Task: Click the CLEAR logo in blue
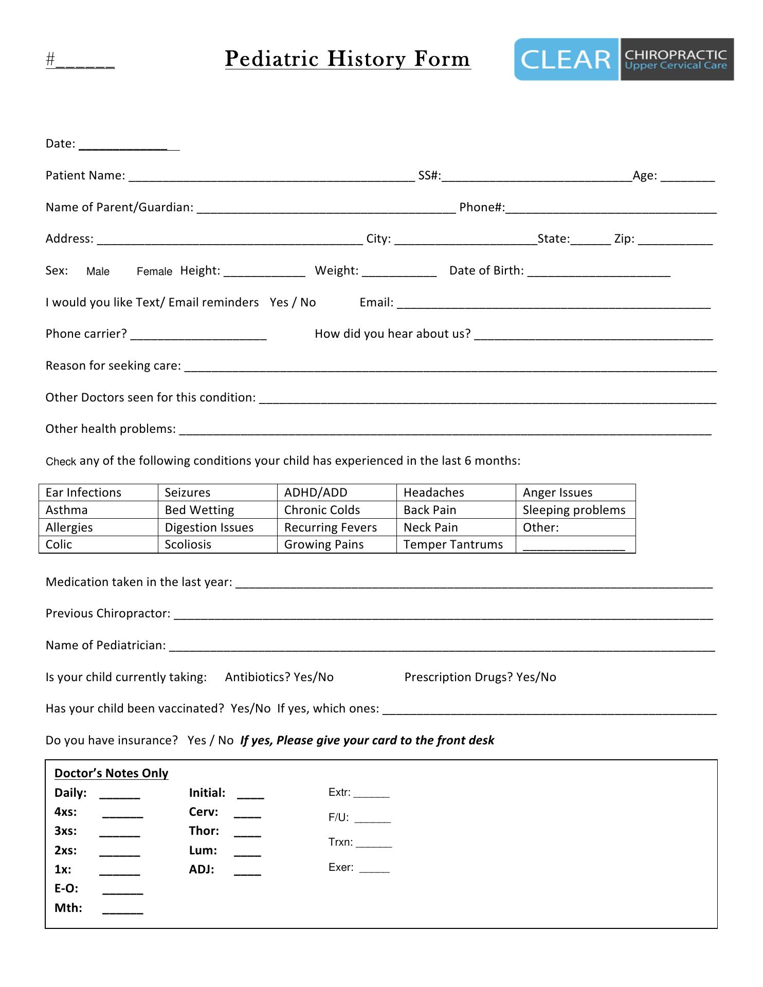coord(566,59)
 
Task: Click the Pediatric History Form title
coord(348,59)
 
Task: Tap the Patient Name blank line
coord(271,177)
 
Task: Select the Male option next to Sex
coord(98,271)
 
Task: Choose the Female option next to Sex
coord(154,271)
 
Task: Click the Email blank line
coord(553,304)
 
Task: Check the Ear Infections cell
coord(98,492)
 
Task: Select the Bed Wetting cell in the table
coord(217,510)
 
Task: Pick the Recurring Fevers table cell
coord(337,527)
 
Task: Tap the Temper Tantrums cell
coord(456,544)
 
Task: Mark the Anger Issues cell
coord(575,492)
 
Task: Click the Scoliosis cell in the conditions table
coord(217,544)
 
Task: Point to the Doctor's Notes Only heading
coord(111,773)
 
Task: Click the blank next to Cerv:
coord(247,813)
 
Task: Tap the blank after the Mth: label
coord(122,909)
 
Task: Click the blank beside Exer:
coord(374,869)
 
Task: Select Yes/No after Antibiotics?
coord(314,677)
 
